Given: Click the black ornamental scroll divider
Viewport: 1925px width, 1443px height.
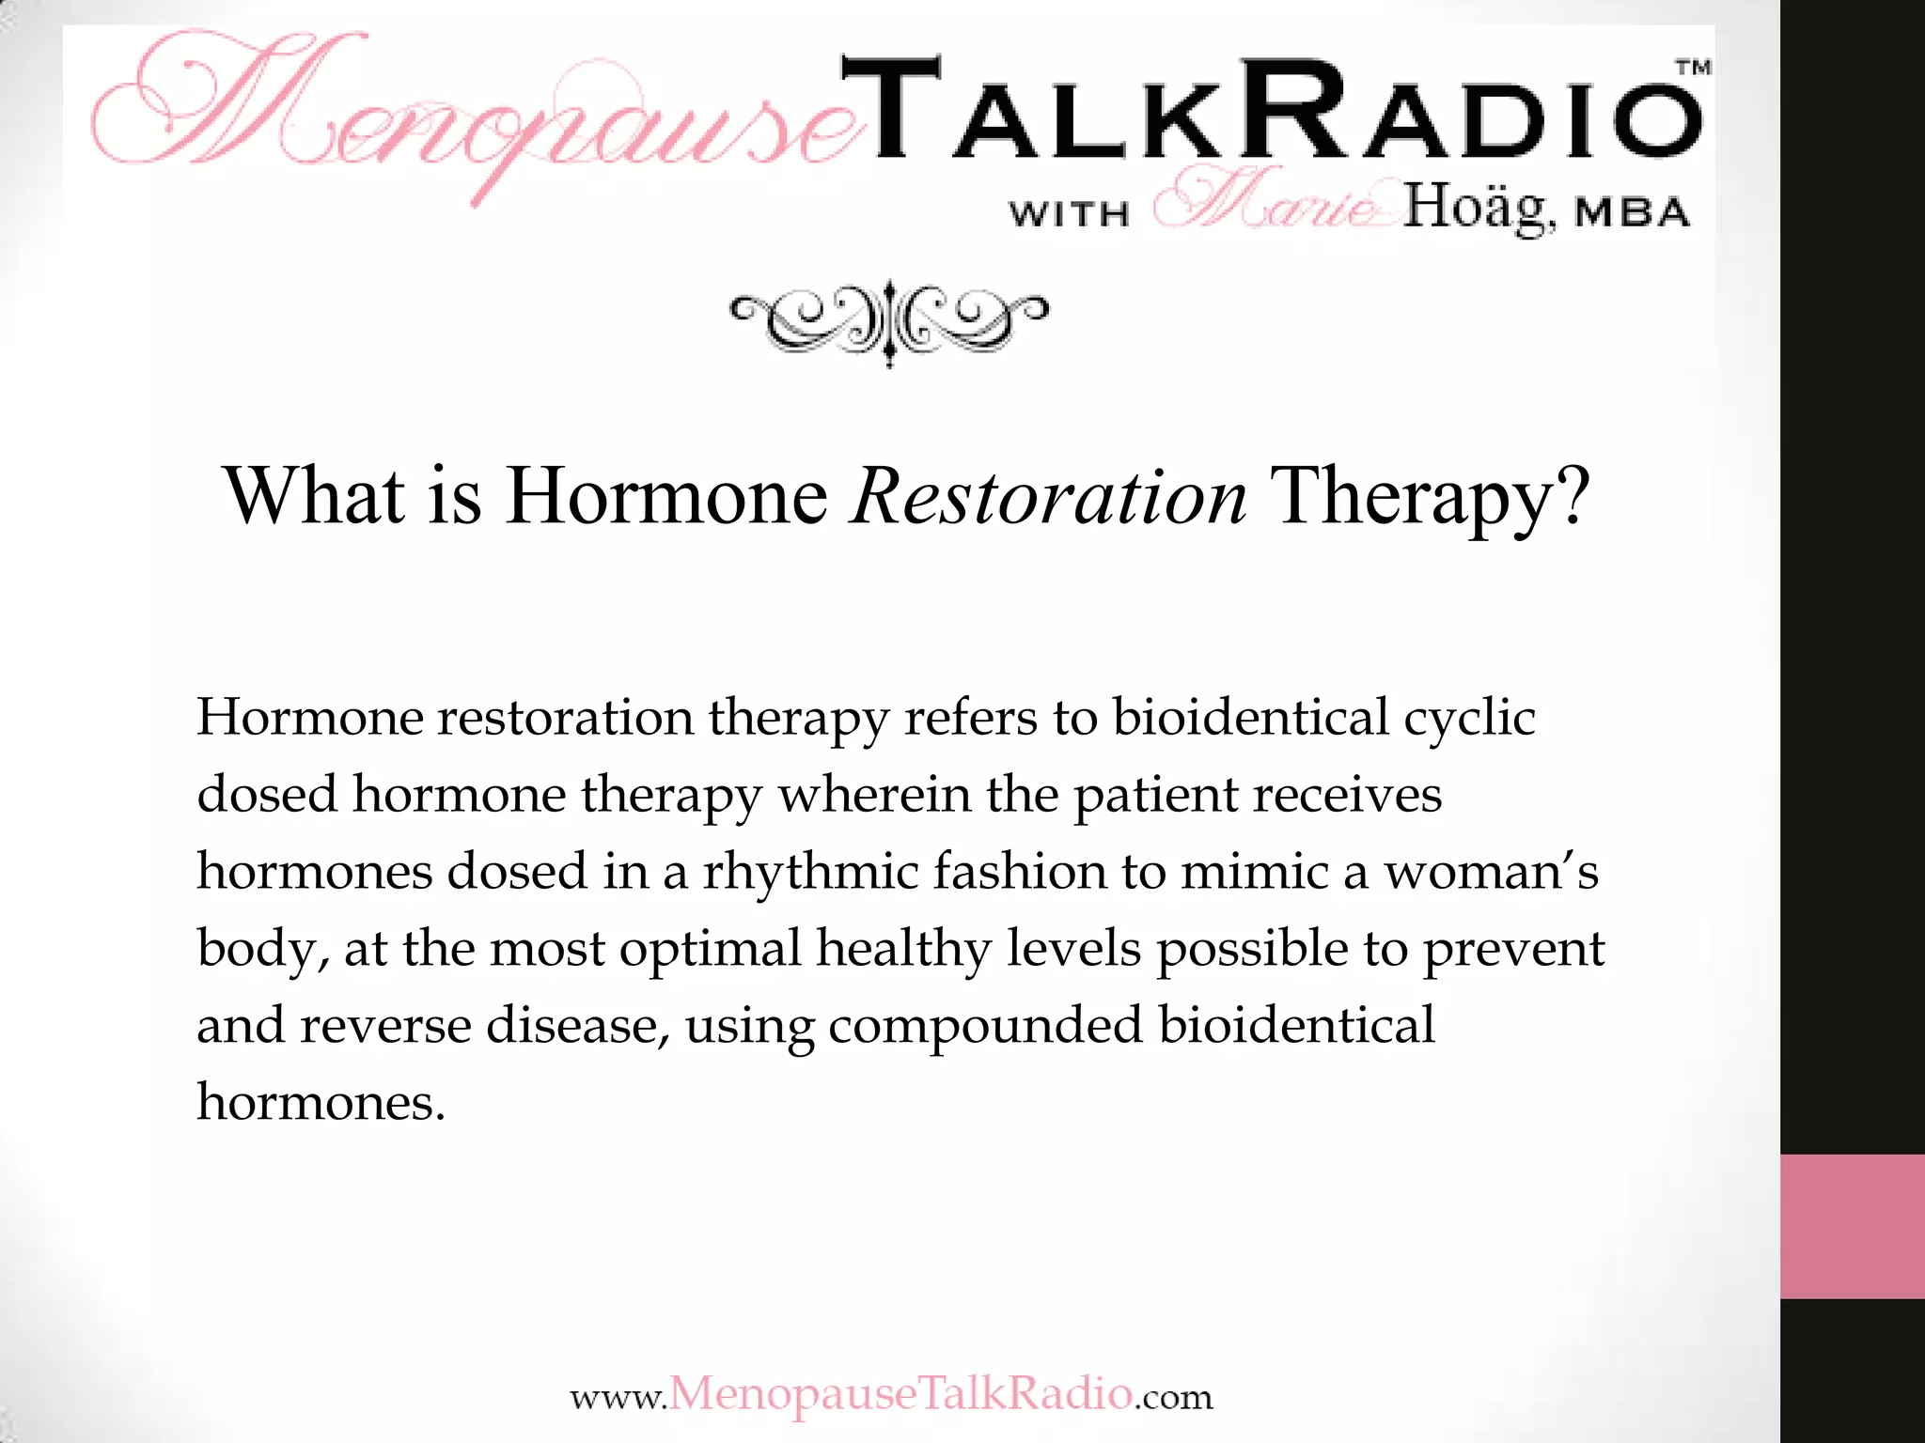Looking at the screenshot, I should coord(889,322).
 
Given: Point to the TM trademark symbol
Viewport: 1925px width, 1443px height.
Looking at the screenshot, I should coord(1694,68).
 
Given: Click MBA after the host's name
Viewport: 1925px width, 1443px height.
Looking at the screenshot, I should coord(1633,213).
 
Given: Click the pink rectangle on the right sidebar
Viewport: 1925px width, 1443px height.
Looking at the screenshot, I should coord(1852,1226).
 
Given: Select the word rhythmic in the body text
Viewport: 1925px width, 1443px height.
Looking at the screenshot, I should coord(810,872).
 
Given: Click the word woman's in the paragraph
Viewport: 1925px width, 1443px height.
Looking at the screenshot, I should coord(1491,872).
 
